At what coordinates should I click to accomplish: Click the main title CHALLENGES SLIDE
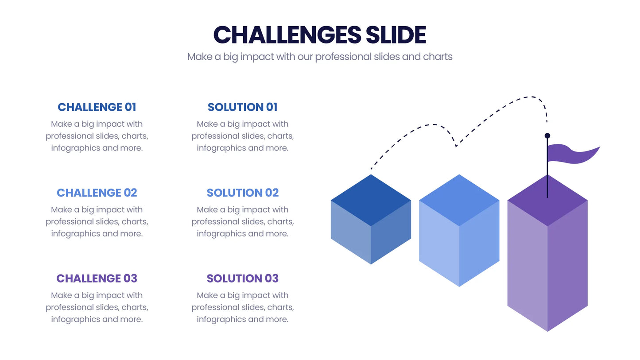[320, 35]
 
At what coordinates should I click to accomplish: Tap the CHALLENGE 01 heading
[97, 107]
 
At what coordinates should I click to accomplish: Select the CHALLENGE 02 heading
[97, 193]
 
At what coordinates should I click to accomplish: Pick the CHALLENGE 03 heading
[97, 279]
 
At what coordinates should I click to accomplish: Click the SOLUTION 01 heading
[243, 107]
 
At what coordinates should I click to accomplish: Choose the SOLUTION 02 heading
[243, 193]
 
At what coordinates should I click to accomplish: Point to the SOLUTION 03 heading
[243, 279]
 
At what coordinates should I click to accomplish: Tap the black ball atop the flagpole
[547, 135]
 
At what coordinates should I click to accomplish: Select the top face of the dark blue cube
[371, 200]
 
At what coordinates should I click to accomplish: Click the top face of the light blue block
[459, 200]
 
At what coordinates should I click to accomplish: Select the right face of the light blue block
[479, 243]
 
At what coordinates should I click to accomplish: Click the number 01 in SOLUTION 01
[272, 107]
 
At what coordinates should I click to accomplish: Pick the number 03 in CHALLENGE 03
[130, 279]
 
